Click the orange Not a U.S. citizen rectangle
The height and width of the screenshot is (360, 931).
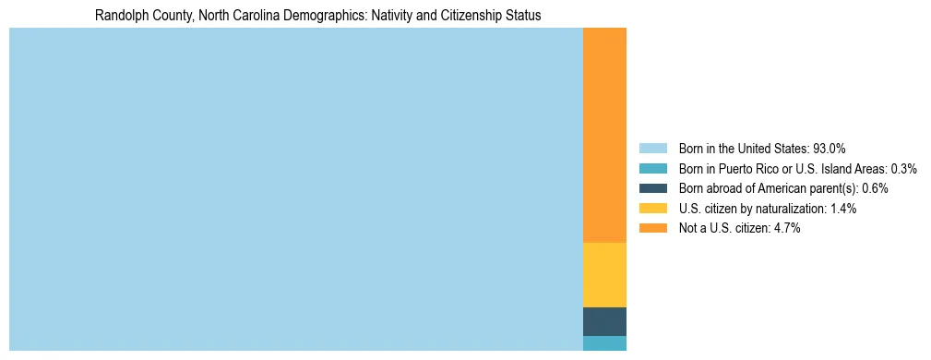pyautogui.click(x=604, y=135)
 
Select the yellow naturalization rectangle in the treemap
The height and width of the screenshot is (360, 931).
pyautogui.click(x=604, y=274)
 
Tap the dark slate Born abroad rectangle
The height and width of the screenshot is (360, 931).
pyautogui.click(x=604, y=321)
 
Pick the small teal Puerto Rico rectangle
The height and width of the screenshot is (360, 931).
pyautogui.click(x=604, y=343)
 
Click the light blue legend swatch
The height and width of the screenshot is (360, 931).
pyautogui.click(x=652, y=148)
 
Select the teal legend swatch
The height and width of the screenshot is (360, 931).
pyautogui.click(x=652, y=168)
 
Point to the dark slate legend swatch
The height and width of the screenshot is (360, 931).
pyautogui.click(x=652, y=188)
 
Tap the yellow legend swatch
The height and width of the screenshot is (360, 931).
pyautogui.click(x=652, y=209)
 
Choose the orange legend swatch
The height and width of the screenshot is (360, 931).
pyautogui.click(x=652, y=228)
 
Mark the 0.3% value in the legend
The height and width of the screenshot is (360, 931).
pyautogui.click(x=903, y=168)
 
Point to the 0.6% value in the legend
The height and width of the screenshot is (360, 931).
pyautogui.click(x=875, y=188)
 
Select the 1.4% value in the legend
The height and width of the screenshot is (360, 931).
pyautogui.click(x=843, y=209)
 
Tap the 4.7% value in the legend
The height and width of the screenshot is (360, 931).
pyautogui.click(x=787, y=228)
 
